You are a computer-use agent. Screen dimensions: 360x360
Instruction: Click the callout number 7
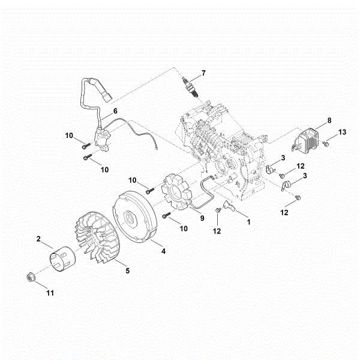pos(203,73)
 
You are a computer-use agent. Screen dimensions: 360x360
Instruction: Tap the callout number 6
pos(116,111)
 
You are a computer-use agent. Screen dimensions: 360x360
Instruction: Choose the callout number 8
pos(329,121)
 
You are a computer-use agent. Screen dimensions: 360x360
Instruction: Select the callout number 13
pos(343,131)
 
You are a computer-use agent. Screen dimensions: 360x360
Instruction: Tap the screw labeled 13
pos(325,144)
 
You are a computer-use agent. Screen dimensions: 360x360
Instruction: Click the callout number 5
pos(127,271)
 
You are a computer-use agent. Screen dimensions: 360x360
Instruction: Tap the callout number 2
pos(39,239)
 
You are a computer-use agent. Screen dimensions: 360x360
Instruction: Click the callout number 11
pos(50,293)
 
